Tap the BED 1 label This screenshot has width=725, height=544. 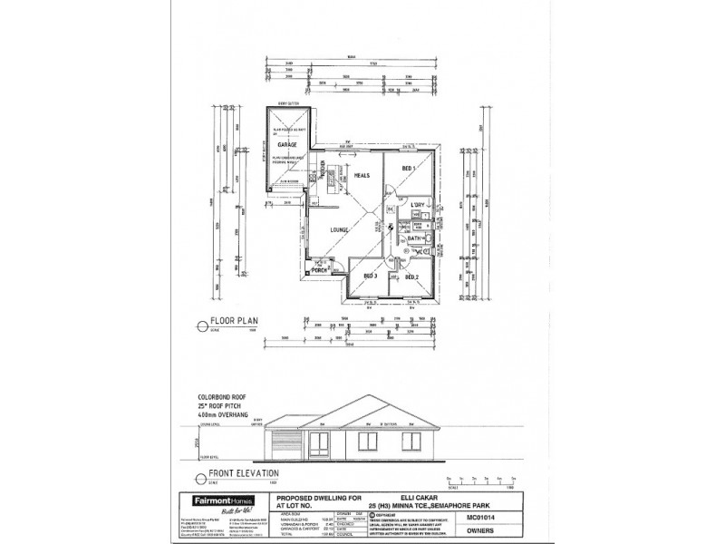click(408, 169)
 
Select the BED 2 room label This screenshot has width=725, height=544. click(411, 277)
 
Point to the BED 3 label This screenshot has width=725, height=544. click(370, 277)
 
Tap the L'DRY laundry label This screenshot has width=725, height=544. click(418, 207)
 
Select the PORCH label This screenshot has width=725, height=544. click(319, 270)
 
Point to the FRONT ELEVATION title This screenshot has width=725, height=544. click(245, 472)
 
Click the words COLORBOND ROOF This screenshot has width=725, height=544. click(222, 397)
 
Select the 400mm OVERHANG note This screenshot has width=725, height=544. click(225, 413)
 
